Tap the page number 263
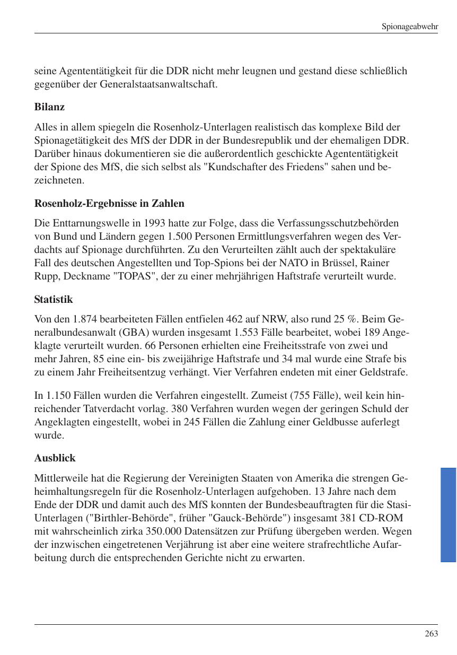coord(431,633)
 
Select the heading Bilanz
coord(49,107)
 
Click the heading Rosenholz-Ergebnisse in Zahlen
coord(109,203)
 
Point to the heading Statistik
coord(53,299)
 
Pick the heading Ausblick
coord(55,458)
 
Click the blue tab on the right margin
coord(448,514)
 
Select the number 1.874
coord(86,320)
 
